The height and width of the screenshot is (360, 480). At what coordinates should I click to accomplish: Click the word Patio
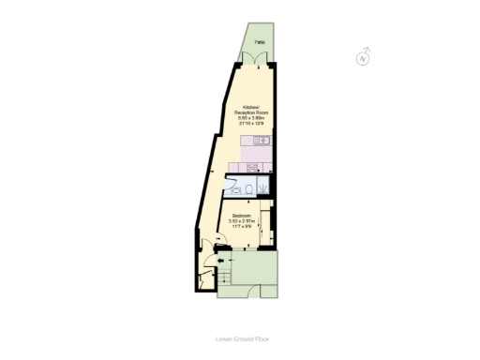(257, 42)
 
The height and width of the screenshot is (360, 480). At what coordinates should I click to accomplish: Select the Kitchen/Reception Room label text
(253, 110)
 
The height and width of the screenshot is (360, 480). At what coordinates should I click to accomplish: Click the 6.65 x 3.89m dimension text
(253, 117)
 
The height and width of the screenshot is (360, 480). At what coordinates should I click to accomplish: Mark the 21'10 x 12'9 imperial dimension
(253, 123)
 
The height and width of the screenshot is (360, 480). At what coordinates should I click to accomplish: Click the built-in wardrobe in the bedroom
(266, 225)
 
